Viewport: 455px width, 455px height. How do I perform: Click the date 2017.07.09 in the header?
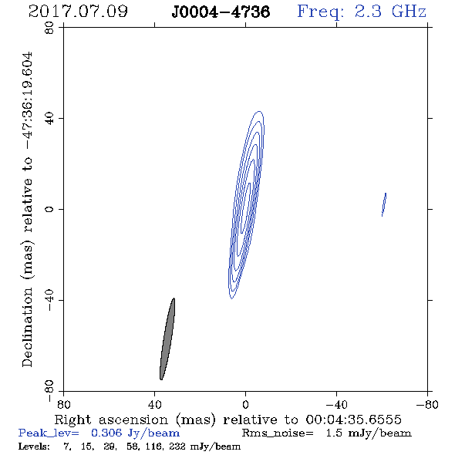78,12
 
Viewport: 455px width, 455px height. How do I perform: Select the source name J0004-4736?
221,12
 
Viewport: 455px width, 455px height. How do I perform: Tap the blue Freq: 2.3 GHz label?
362,12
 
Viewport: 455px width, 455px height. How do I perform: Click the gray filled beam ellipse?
167,339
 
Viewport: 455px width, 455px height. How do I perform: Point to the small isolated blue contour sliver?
384,204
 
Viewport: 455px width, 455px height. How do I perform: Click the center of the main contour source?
246,205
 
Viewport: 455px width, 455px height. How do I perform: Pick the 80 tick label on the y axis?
49,28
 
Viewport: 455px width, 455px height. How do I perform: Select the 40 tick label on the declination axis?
49,119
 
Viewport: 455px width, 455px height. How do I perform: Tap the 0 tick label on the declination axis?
49,209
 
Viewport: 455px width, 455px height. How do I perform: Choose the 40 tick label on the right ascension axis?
154,405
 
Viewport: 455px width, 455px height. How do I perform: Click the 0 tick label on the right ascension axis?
245,405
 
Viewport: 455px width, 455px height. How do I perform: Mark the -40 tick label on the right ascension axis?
336,405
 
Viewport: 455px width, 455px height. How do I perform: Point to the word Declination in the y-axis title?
27,327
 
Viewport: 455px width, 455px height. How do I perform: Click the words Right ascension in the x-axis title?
111,420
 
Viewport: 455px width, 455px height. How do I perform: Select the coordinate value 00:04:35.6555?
353,420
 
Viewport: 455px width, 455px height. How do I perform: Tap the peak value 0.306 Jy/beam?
135,433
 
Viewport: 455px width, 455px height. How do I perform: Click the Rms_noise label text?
278,433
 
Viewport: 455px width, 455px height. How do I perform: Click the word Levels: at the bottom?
34,446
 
